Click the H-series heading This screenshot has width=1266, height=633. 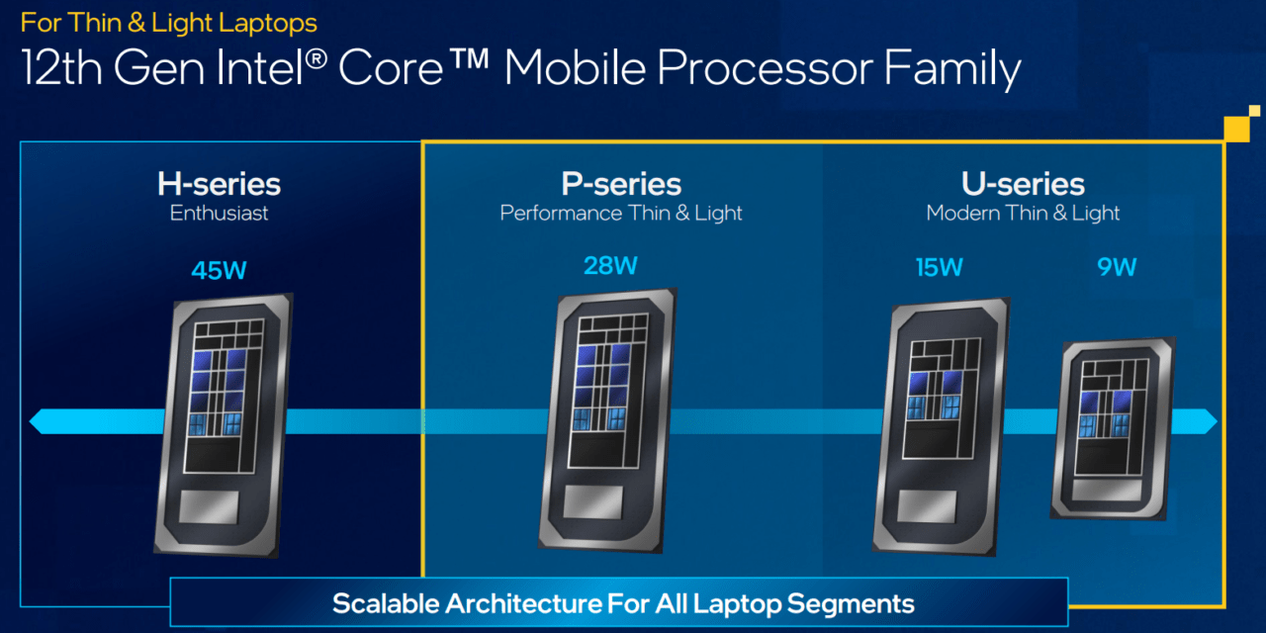219,184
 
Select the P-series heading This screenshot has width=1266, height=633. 621,184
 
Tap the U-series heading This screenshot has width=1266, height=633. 1023,184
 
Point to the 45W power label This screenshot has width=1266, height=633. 219,269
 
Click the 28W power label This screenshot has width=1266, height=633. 610,265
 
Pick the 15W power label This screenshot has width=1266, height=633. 939,267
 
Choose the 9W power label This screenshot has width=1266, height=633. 1117,267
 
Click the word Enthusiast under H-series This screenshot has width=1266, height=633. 219,214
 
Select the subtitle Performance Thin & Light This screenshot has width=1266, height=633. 621,214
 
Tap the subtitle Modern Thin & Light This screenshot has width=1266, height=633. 1023,214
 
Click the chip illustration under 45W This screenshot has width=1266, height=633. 224,423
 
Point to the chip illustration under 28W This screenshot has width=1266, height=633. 607,419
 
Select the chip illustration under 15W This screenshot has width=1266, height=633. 941,425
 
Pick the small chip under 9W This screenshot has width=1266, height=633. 1114,427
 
